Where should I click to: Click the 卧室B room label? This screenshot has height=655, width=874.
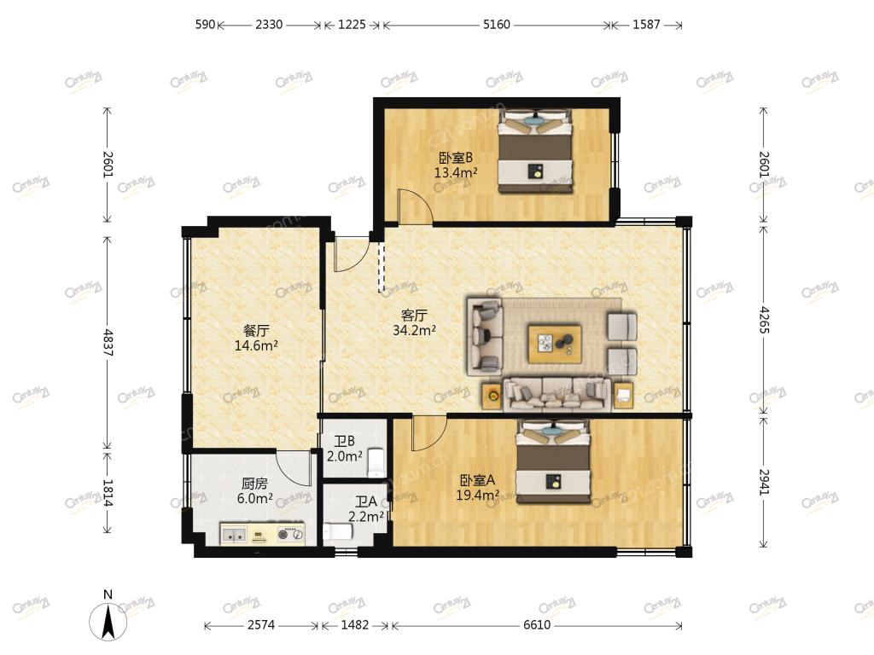tap(456, 159)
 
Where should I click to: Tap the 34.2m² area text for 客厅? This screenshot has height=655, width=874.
tap(414, 330)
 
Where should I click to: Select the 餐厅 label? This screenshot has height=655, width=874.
tap(255, 330)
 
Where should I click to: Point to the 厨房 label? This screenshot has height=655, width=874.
tap(254, 484)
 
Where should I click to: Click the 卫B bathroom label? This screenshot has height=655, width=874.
tap(345, 442)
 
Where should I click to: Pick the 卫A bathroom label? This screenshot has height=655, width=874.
tap(366, 501)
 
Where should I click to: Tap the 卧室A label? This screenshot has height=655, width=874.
tap(477, 479)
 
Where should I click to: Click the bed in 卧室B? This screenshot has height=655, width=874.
tap(536, 152)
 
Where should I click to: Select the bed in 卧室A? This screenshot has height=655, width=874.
tap(553, 461)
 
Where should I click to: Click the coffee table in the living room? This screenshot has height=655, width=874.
tap(555, 345)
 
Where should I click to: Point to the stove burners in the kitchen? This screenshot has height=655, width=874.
tap(291, 535)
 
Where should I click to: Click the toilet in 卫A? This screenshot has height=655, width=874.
tap(338, 533)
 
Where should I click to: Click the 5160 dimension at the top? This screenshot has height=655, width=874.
tap(496, 25)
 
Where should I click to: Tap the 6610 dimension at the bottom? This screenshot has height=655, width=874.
tap(537, 625)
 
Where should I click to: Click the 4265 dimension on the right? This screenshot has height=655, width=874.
tap(764, 320)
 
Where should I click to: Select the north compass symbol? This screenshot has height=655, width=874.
tap(108, 617)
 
